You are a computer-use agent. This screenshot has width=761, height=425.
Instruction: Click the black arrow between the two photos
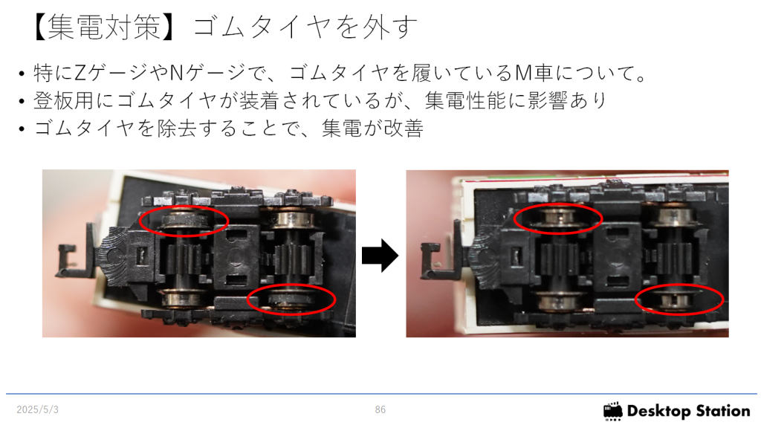(380, 255)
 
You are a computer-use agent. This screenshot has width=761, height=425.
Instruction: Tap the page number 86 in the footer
(380, 410)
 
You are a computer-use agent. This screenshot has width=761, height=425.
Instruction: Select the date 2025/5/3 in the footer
(37, 410)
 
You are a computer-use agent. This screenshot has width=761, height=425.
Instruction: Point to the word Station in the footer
(722, 411)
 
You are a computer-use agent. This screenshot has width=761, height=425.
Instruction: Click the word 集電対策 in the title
(105, 27)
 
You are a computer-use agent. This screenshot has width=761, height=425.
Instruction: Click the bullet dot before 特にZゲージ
(22, 74)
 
